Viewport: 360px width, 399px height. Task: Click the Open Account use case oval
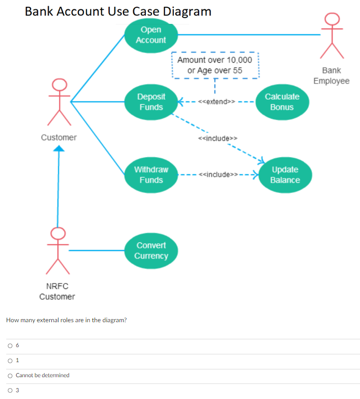[x=150, y=35]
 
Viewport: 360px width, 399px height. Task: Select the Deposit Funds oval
[x=150, y=102]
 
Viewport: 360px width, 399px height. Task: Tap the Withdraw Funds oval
[x=150, y=175]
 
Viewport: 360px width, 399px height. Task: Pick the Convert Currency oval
[x=150, y=251]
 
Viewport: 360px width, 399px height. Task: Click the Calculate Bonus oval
[x=282, y=102]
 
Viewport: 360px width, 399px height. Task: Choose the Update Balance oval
[x=285, y=175]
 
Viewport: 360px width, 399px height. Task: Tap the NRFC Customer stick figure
[x=58, y=251]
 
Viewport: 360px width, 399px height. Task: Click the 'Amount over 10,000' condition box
[x=215, y=65]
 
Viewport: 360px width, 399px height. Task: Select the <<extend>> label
[x=216, y=101]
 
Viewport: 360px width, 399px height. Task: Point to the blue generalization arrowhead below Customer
[x=59, y=149]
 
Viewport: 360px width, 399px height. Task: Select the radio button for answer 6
[x=10, y=345]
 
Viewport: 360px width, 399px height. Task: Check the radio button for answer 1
[x=10, y=360]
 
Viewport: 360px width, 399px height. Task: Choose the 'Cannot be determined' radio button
[x=10, y=375]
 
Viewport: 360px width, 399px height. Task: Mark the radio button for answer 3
[x=10, y=390]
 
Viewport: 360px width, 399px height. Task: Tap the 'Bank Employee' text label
[x=331, y=76]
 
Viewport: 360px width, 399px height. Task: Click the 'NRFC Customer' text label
[x=57, y=292]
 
